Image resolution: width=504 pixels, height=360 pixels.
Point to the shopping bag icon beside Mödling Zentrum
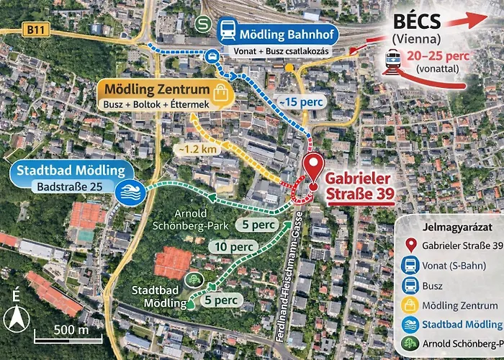pyautogui.click(x=220, y=91)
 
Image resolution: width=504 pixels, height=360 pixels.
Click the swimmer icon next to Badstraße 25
pyautogui.click(x=133, y=192)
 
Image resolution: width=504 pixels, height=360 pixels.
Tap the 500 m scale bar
pyautogui.click(x=60, y=331)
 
